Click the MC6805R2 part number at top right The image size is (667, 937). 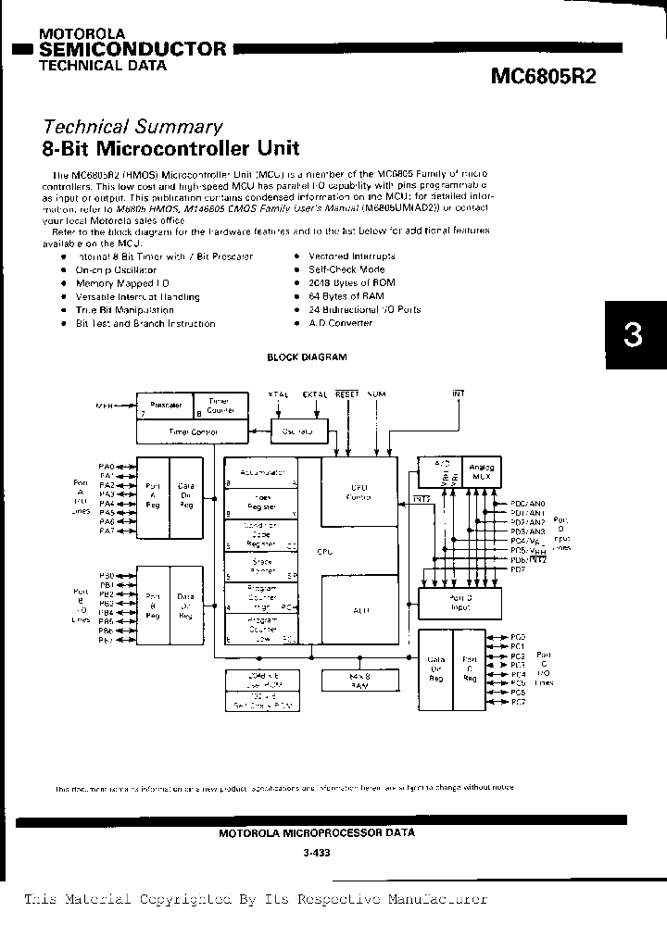coord(544,77)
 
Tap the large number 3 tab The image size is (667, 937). coord(634,335)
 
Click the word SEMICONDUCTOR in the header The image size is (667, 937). coord(133,49)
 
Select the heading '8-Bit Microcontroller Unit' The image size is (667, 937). coord(171,148)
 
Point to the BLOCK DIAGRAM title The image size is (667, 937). coord(307,356)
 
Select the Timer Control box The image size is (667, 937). coord(193,431)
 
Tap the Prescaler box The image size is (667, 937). coord(165,406)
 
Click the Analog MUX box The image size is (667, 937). coord(483,472)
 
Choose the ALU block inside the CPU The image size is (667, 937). coord(356,610)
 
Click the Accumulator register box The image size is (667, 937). coord(262,472)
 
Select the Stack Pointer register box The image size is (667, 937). coord(262,564)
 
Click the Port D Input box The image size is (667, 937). coord(460,604)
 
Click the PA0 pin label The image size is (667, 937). coord(106,467)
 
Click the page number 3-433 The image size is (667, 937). coord(316,853)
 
